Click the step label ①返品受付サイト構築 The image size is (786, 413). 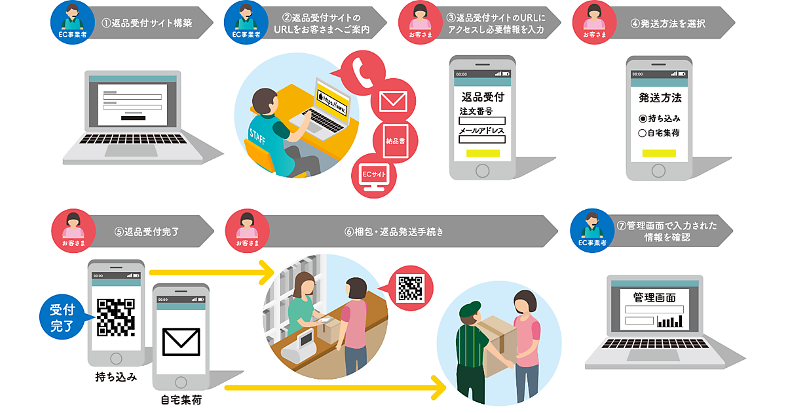pos(147,23)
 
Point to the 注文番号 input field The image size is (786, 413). pos(481,121)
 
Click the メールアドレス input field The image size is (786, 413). pos(481,139)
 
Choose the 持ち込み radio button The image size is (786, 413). pos(643,119)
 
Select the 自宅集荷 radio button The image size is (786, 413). pos(643,133)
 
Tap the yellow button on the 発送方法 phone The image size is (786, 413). pos(659,153)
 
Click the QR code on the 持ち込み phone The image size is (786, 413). pos(115,317)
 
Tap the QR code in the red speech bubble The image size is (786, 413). pos(411,288)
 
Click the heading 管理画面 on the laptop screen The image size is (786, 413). pos(654,297)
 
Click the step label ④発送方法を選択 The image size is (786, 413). pos(667,23)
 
